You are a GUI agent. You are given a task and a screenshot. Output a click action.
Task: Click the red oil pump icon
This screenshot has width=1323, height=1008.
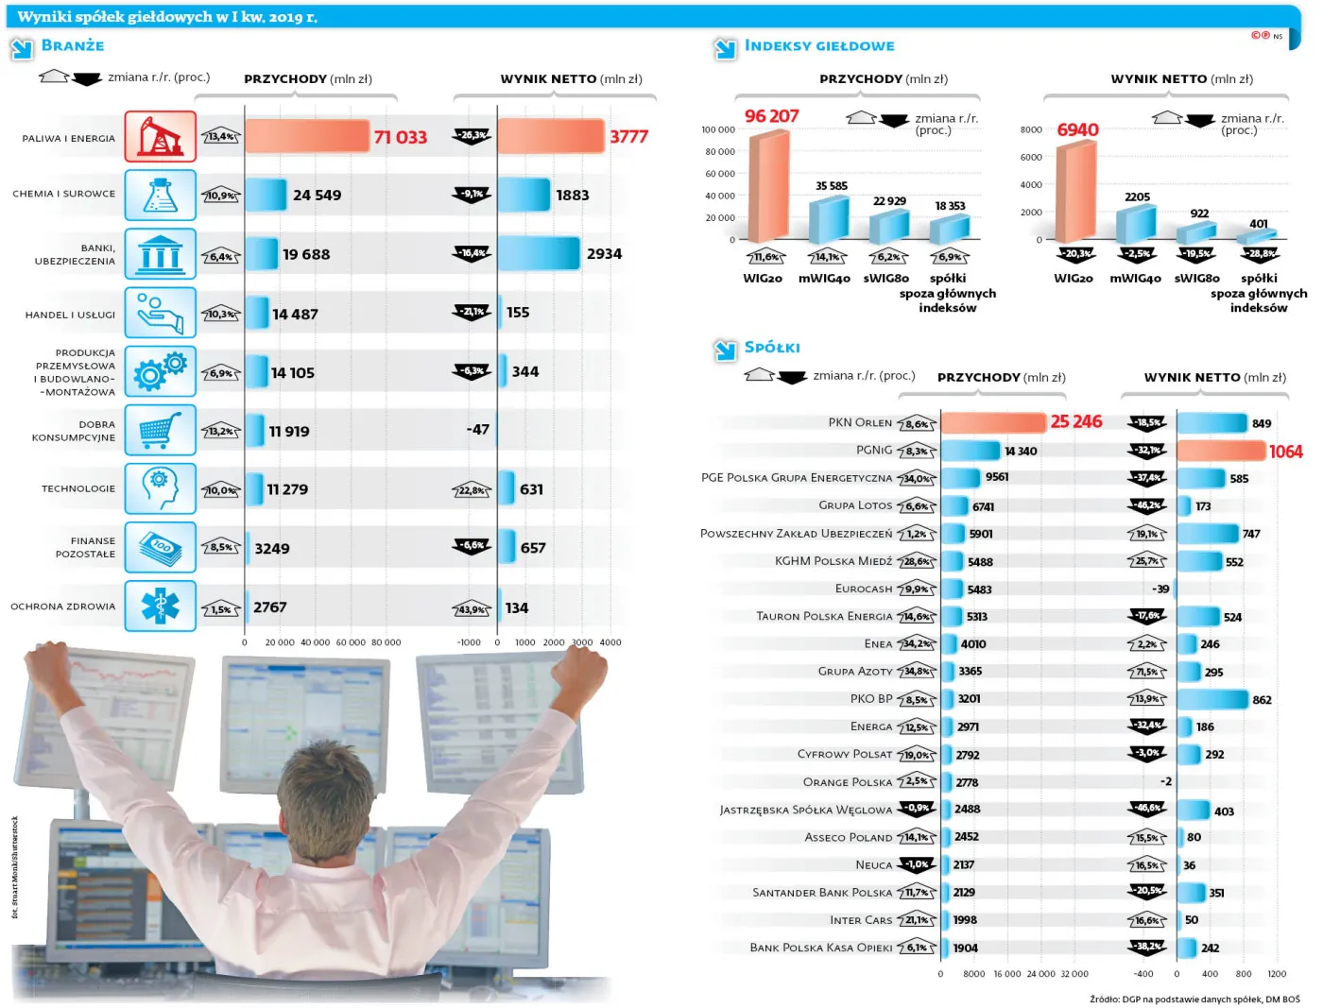[160, 137]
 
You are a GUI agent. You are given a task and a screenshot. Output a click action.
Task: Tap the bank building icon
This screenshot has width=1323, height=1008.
[160, 254]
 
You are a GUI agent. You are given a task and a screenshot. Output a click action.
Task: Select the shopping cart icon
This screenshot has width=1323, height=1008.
[160, 431]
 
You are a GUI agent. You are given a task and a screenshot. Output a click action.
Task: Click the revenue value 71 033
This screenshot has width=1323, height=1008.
[400, 138]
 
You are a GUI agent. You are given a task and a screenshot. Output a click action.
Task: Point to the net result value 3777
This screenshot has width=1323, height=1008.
[628, 137]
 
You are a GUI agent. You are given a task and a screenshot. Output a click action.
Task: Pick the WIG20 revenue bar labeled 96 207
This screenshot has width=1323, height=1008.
[768, 186]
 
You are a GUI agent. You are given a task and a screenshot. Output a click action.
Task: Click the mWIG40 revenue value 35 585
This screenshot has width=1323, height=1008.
[831, 186]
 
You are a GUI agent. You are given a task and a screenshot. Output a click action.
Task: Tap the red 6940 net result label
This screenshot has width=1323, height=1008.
[1077, 130]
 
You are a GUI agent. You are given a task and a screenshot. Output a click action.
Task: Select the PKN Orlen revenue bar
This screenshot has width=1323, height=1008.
[992, 422]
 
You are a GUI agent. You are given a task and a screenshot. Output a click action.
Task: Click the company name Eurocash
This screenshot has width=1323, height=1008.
[863, 589]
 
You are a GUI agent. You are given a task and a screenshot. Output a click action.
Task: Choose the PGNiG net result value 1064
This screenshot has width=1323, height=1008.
[1285, 452]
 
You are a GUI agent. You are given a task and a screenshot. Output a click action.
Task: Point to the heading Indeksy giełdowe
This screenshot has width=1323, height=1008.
[818, 45]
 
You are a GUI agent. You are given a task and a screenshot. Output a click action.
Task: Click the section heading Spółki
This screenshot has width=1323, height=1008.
[771, 348]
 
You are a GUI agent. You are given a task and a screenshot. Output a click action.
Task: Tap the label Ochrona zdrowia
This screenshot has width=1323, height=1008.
[63, 607]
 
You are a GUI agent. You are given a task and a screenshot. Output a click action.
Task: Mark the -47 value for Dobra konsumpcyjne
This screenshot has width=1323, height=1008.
[478, 430]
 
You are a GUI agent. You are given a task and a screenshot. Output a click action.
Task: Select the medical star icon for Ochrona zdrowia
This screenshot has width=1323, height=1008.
[160, 607]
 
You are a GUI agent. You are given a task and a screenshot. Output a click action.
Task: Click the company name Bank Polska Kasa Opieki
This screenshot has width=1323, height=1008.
[820, 948]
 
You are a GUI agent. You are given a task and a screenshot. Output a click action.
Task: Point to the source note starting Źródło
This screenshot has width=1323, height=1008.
[1194, 999]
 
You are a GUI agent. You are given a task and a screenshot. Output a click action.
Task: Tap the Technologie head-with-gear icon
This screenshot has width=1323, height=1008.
[160, 488]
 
